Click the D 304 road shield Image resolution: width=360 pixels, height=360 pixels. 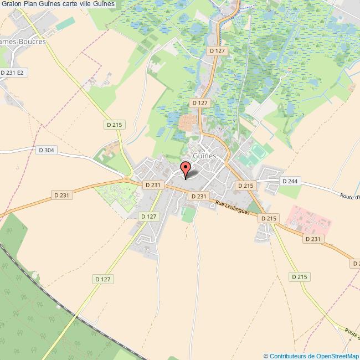tap(47, 150)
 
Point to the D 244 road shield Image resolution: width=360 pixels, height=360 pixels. tap(290, 181)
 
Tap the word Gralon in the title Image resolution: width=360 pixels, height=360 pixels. tap(12, 4)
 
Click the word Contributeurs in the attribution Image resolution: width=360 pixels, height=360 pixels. tap(288, 356)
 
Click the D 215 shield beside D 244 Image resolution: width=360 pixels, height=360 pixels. tap(245, 186)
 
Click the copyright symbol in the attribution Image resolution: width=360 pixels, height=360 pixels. tap(266, 356)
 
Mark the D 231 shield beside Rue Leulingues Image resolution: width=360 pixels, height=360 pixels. tap(198, 196)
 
